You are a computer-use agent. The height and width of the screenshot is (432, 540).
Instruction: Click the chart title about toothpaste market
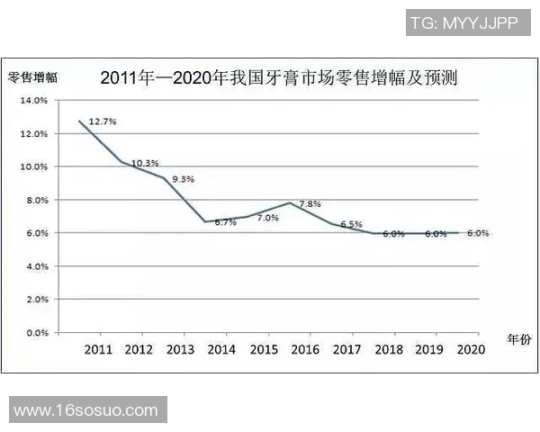pyautogui.click(x=279, y=78)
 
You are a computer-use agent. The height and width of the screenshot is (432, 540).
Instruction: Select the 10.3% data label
pyautogui.click(x=145, y=163)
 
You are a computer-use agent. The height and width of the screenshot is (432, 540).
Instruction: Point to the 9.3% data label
pyautogui.click(x=183, y=179)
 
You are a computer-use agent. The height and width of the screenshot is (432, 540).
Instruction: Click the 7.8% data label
pyautogui.click(x=310, y=204)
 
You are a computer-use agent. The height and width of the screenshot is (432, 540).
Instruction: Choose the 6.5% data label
pyautogui.click(x=351, y=224)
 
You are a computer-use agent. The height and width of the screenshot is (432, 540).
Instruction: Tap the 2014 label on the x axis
pyautogui.click(x=222, y=349)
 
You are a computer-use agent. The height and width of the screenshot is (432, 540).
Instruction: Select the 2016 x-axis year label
pyautogui.click(x=306, y=349)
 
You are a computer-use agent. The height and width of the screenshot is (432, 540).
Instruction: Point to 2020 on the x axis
pyautogui.click(x=471, y=349)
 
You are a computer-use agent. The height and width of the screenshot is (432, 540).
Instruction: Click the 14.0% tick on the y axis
pyautogui.click(x=32, y=101)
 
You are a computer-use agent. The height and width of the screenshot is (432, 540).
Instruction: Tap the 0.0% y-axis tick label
pyautogui.click(x=35, y=332)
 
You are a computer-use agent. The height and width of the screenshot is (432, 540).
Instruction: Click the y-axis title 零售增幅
pyautogui.click(x=32, y=78)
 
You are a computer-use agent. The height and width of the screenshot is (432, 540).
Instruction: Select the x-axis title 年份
pyautogui.click(x=518, y=339)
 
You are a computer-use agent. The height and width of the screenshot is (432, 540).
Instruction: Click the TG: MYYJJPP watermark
pyautogui.click(x=463, y=23)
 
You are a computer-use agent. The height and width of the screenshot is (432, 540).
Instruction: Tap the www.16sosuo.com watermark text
pyautogui.click(x=86, y=410)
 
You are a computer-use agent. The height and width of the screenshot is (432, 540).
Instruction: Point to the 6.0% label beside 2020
pyautogui.click(x=477, y=233)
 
